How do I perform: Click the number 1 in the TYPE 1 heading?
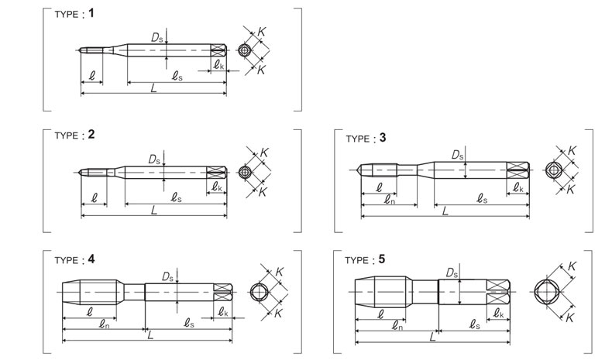tap(91, 13)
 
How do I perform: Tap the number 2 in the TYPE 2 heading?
tap(91, 135)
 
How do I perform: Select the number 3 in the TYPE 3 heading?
tap(383, 138)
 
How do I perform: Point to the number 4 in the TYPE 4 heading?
tap(91, 259)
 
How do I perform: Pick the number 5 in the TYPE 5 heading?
tap(382, 259)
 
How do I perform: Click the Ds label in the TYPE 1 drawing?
tap(157, 38)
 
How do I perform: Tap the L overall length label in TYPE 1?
tap(154, 88)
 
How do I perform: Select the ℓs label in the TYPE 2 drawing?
tap(177, 197)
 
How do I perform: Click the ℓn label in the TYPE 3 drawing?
tap(389, 200)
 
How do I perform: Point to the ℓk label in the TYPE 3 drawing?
tap(518, 187)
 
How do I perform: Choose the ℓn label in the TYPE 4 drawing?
tap(104, 324)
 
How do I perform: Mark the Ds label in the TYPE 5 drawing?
tap(452, 273)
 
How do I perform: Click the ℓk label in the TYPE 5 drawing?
tap(498, 314)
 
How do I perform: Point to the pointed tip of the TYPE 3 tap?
tap(358, 170)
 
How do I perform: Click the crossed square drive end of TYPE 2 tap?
tap(217, 172)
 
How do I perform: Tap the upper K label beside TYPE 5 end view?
tap(572, 266)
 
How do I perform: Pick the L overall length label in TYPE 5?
tap(432, 337)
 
